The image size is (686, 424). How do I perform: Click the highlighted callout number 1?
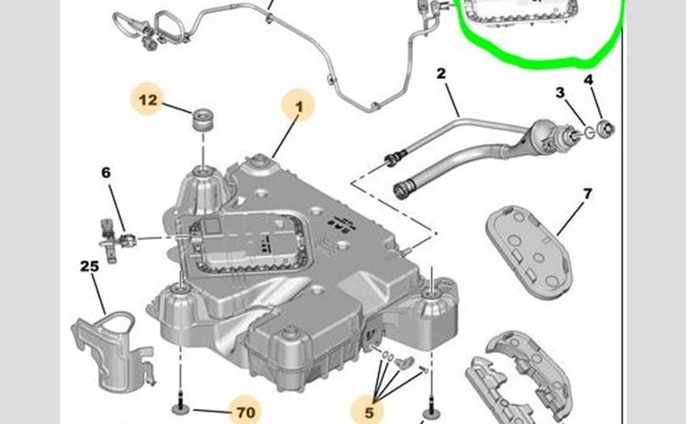[297, 108]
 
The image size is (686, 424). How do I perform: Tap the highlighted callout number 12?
[148, 100]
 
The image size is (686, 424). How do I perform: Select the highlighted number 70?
[245, 413]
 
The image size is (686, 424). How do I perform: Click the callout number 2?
[440, 74]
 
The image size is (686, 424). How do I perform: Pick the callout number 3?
[561, 92]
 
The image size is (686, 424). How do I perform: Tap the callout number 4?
[589, 82]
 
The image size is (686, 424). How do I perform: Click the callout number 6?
[106, 173]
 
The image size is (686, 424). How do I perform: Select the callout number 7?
[587, 194]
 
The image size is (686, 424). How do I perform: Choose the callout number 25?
[90, 266]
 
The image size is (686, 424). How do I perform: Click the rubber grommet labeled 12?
[202, 120]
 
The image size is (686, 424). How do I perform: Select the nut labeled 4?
[605, 130]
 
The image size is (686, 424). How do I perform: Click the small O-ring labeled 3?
[585, 132]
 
